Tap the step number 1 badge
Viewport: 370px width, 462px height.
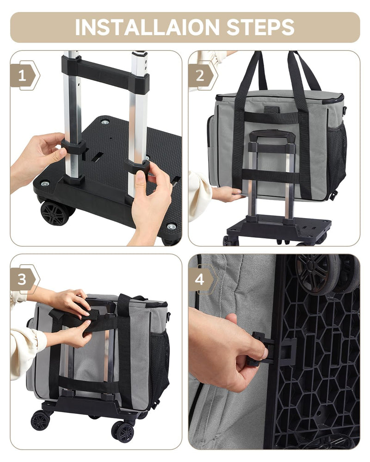coord(22,76)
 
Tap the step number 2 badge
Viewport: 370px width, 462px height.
coord(200,76)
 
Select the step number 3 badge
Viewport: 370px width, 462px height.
coord(22,280)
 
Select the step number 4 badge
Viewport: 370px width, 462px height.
coord(200,280)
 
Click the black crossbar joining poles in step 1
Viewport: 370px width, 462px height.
coord(105,73)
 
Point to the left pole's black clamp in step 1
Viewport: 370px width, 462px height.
coord(74,150)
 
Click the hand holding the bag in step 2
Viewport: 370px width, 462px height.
coord(227,193)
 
